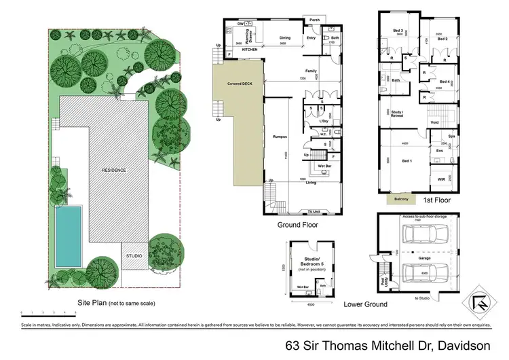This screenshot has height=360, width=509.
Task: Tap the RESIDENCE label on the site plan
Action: tap(114, 170)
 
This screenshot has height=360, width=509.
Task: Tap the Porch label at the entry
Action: tap(314, 20)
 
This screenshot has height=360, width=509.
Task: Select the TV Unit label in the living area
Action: tap(314, 212)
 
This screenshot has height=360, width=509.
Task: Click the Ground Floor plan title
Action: tap(298, 224)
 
